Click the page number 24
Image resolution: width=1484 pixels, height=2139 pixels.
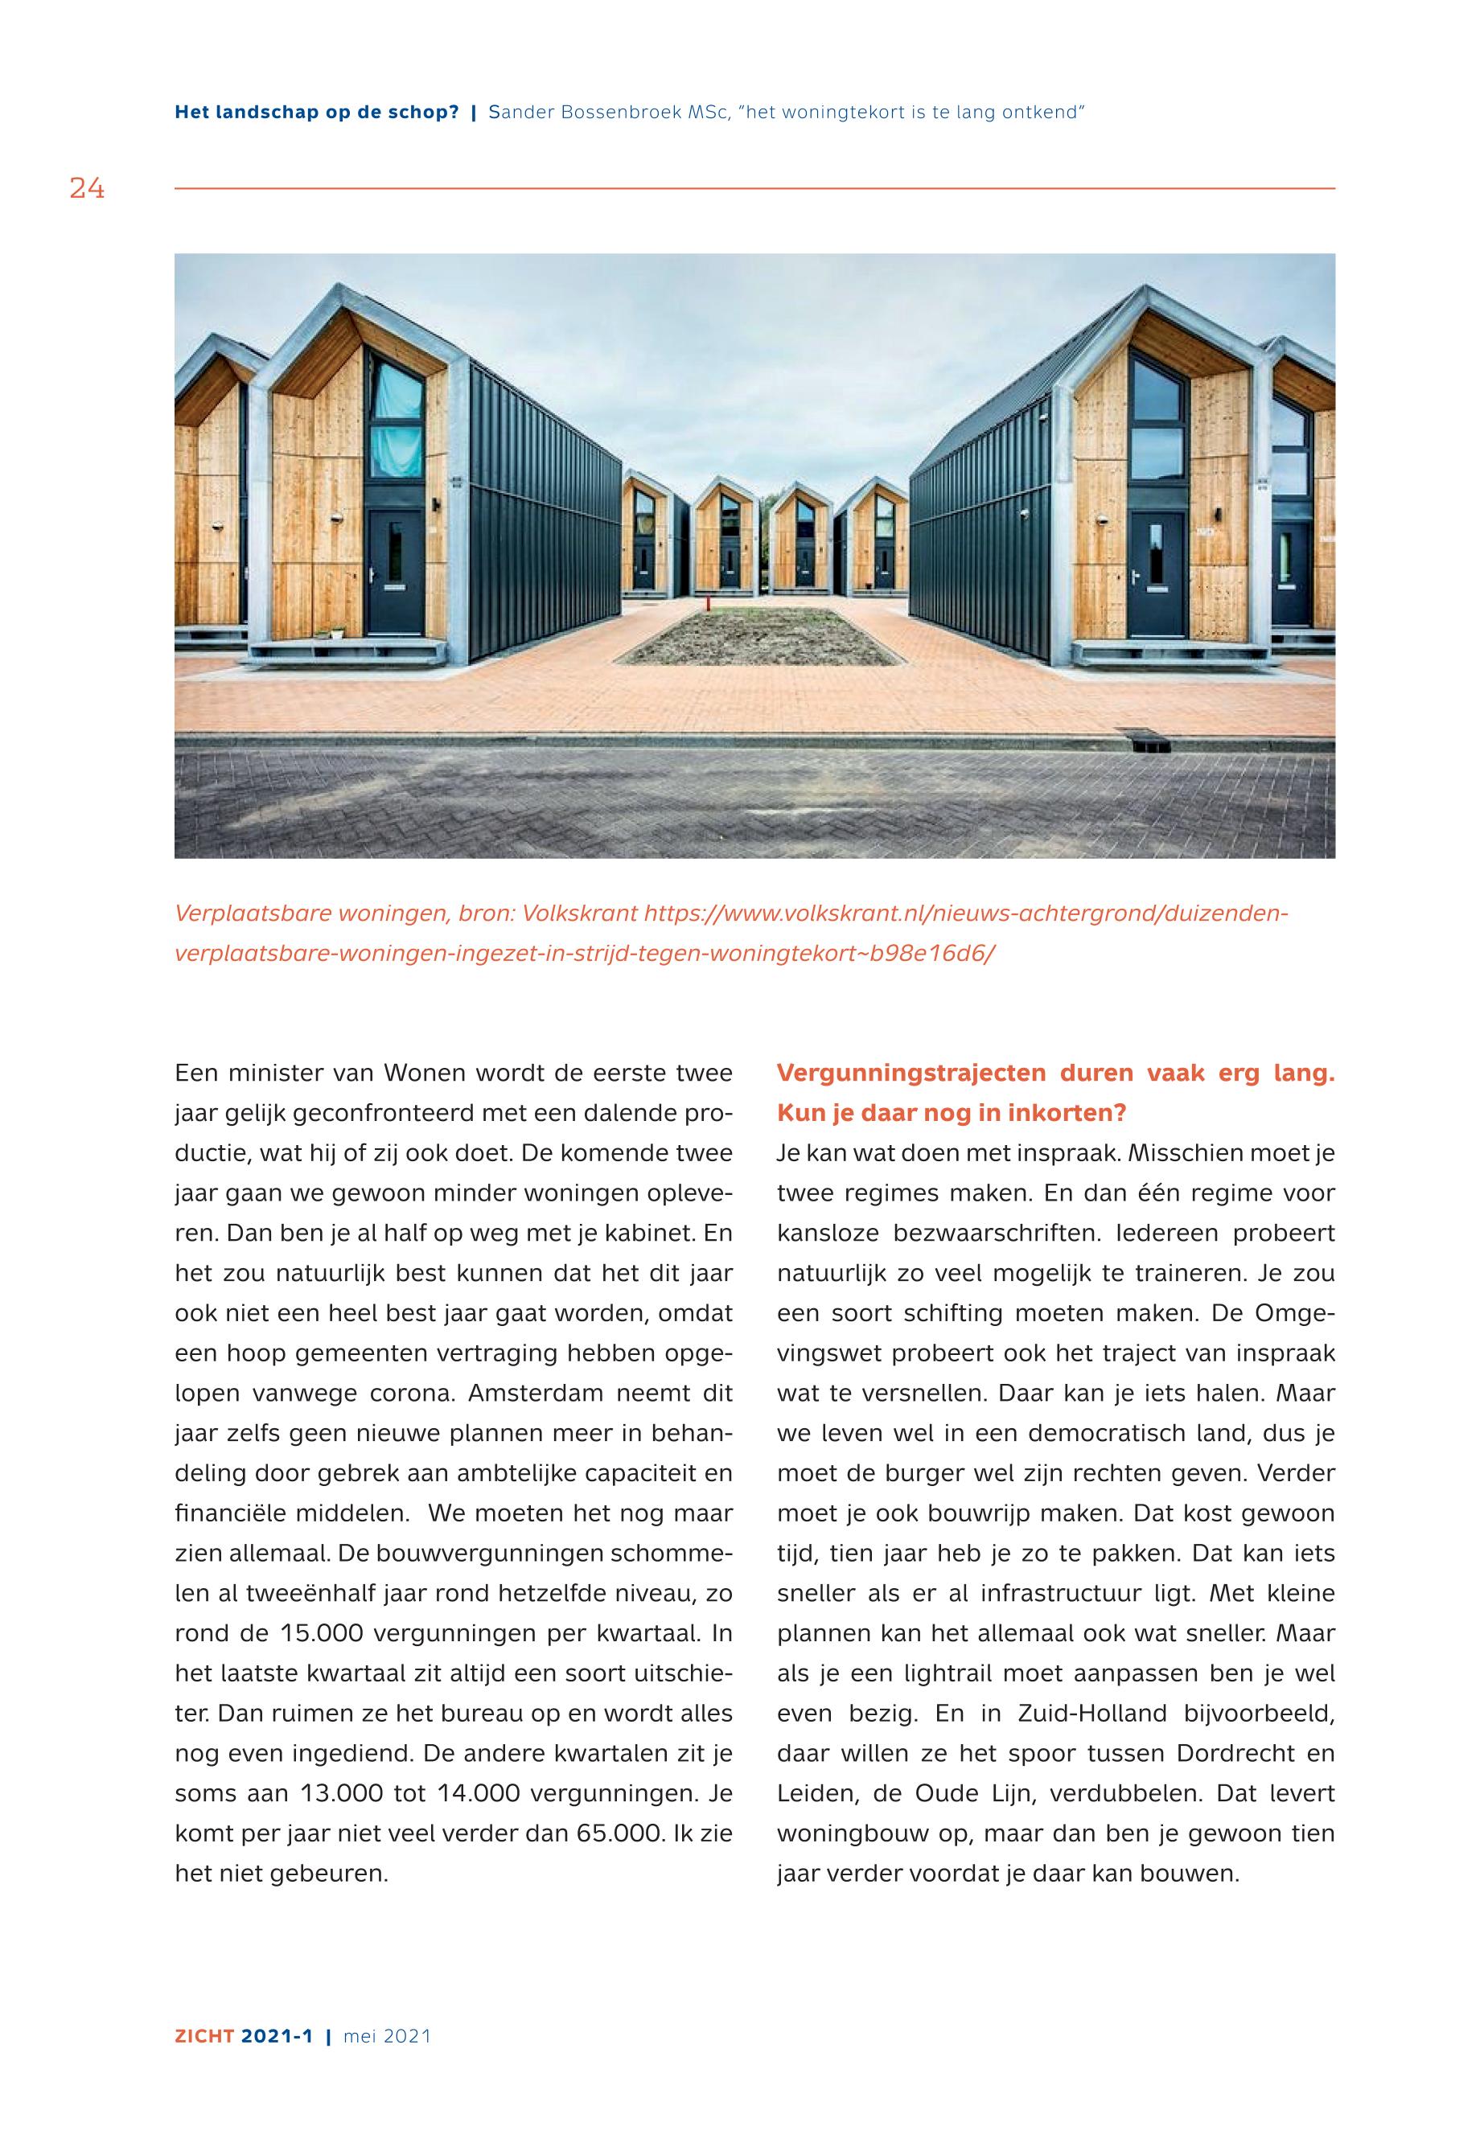tap(88, 190)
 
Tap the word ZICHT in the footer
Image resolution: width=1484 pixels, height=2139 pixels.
tap(203, 2037)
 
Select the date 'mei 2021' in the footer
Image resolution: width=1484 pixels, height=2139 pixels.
tap(387, 2037)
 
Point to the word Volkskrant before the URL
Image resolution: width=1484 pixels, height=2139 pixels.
tap(579, 913)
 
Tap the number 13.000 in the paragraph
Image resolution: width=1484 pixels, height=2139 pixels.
tap(342, 1794)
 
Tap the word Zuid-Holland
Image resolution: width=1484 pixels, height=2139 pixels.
tap(1091, 1714)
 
